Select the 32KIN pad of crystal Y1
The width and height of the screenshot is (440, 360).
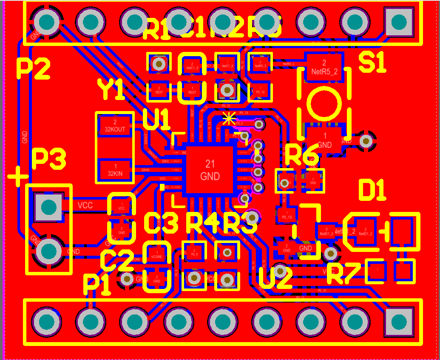pos(114,170)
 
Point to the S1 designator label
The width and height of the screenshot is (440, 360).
pos(372,63)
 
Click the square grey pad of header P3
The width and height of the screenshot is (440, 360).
pos(49,207)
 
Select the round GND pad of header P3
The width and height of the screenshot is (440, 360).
pos(49,251)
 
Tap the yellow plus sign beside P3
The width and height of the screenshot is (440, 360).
pos(17,176)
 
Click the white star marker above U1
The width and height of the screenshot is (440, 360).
pos(229,118)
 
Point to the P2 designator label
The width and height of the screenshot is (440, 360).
pos(33,69)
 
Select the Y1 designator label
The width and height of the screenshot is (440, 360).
pos(111,90)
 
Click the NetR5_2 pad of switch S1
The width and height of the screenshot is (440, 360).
pos(324,66)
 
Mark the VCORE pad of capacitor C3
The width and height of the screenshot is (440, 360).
pos(156,254)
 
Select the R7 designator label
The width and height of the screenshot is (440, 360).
pos(343,274)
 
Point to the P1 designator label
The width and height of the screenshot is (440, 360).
pos(97,284)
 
